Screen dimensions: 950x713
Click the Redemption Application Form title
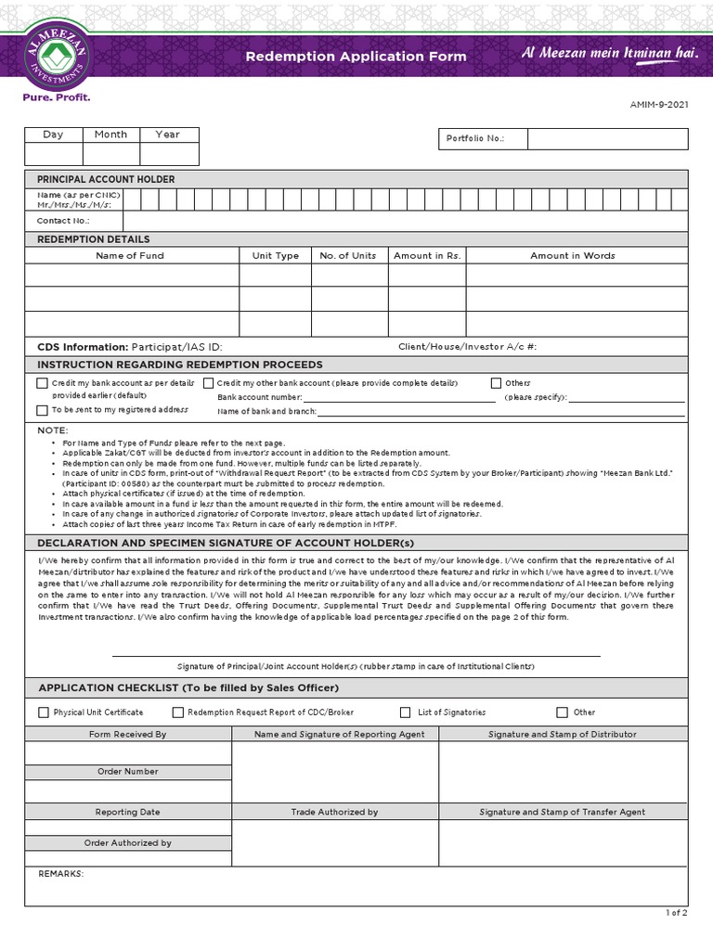356,57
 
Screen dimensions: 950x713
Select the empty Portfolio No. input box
607,138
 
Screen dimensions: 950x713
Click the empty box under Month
110,154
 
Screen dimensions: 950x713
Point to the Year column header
168,135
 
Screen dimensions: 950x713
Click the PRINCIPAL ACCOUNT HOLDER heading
106,179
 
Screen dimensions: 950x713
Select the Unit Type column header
276,256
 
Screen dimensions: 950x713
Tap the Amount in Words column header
573,256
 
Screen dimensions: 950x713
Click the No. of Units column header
348,256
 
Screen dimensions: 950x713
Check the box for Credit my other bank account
209,383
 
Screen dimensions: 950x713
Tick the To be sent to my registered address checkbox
42,410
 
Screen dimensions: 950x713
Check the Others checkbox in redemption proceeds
497,383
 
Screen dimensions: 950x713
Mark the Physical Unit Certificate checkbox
44,712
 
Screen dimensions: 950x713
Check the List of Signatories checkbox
405,712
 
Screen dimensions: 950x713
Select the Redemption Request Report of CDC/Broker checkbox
178,712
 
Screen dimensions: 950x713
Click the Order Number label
128,772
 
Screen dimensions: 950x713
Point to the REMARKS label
61,874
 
